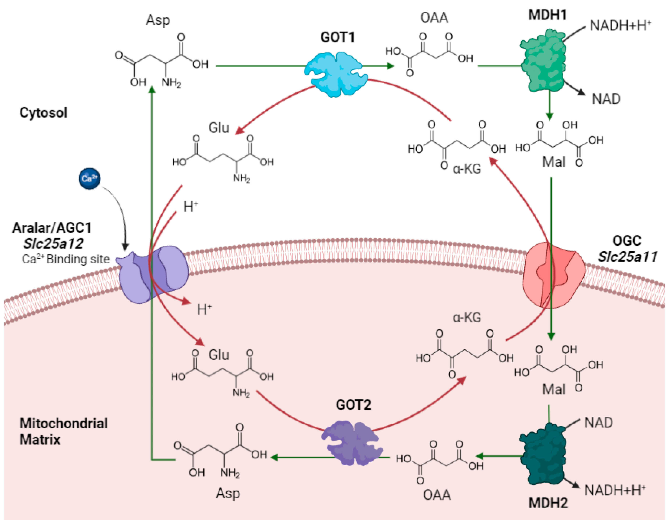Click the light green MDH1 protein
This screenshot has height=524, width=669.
point(543,60)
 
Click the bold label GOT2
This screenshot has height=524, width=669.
point(353,405)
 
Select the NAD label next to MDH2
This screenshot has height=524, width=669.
point(598,423)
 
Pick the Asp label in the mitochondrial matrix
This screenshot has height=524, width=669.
point(228,493)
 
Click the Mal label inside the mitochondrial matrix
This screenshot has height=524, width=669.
point(553,389)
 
